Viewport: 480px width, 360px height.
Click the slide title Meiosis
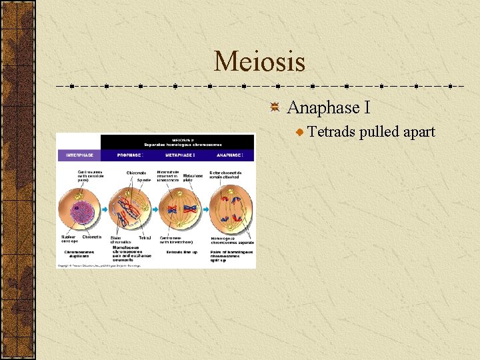pyautogui.click(x=259, y=62)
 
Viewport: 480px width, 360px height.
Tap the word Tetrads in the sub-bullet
pyautogui.click(x=331, y=131)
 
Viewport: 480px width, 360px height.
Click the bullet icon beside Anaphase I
pyautogui.click(x=275, y=108)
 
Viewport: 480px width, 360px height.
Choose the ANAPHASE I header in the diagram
pyautogui.click(x=230, y=155)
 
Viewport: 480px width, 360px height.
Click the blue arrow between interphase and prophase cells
pyautogui.click(x=105, y=209)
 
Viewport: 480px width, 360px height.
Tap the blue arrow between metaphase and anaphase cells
pyautogui.click(x=205, y=209)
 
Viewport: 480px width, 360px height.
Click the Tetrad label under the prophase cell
pyautogui.click(x=145, y=237)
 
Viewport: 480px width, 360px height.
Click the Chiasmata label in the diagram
pyautogui.click(x=136, y=173)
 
